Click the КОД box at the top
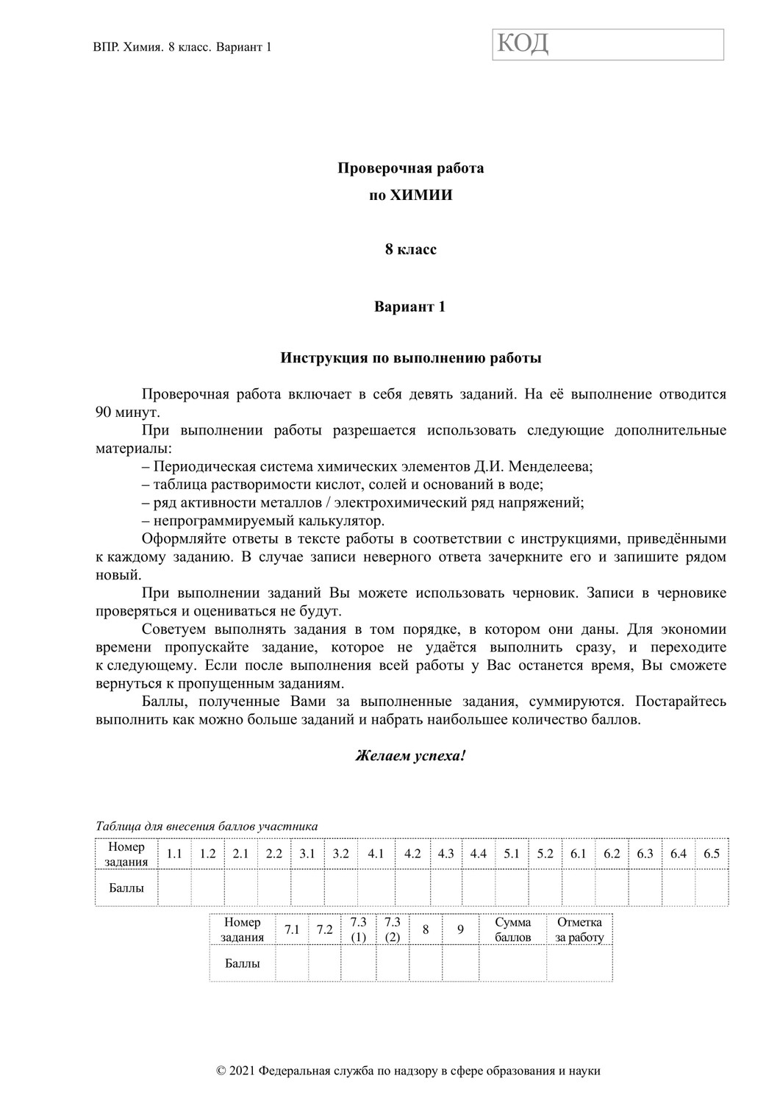pyautogui.click(x=608, y=45)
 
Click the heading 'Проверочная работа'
pyautogui.click(x=410, y=168)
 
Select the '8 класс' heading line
pyautogui.click(x=410, y=249)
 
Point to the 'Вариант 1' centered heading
pyautogui.click(x=410, y=307)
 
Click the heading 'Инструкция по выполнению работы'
pyautogui.click(x=410, y=359)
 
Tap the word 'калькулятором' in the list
pyautogui.click(x=335, y=521)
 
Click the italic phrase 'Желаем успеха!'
pyautogui.click(x=410, y=755)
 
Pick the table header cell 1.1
pyautogui.click(x=174, y=854)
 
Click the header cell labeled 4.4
pyautogui.click(x=479, y=854)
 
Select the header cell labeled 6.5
pyautogui.click(x=712, y=854)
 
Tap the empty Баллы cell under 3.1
pyautogui.click(x=307, y=888)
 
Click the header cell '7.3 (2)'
pyautogui.click(x=393, y=929)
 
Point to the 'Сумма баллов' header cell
pyautogui.click(x=512, y=929)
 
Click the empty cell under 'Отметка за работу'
pyautogui.click(x=579, y=963)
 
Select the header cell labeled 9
pyautogui.click(x=460, y=929)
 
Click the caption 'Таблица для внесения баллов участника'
pyautogui.click(x=207, y=826)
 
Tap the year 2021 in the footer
pyautogui.click(x=243, y=1071)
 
